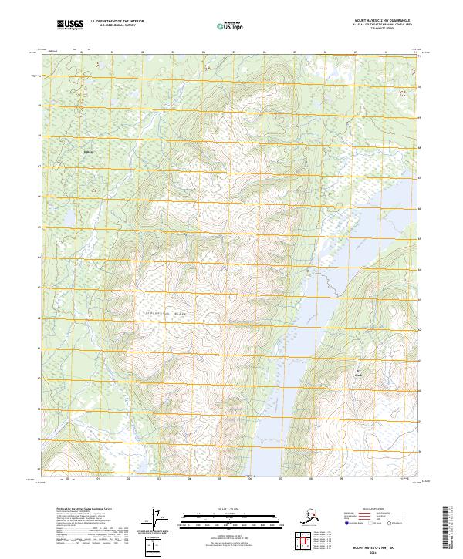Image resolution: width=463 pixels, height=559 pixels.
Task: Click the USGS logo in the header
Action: point(69,26)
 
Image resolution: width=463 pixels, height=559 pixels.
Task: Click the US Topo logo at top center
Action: point(231,26)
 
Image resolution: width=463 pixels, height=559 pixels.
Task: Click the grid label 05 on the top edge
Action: point(233,52)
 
